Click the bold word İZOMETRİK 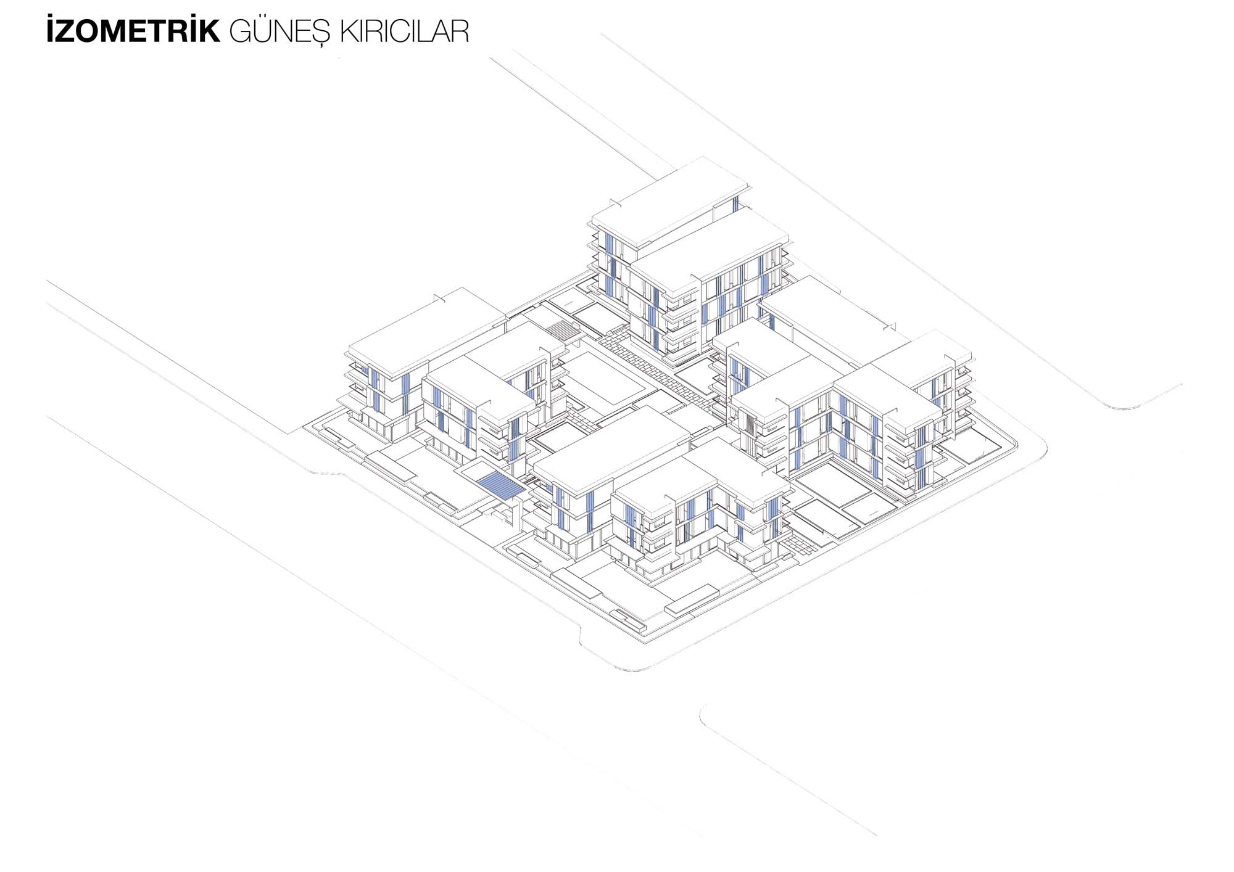point(133,31)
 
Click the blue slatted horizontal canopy point(500,485)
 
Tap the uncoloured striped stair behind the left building point(565,329)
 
